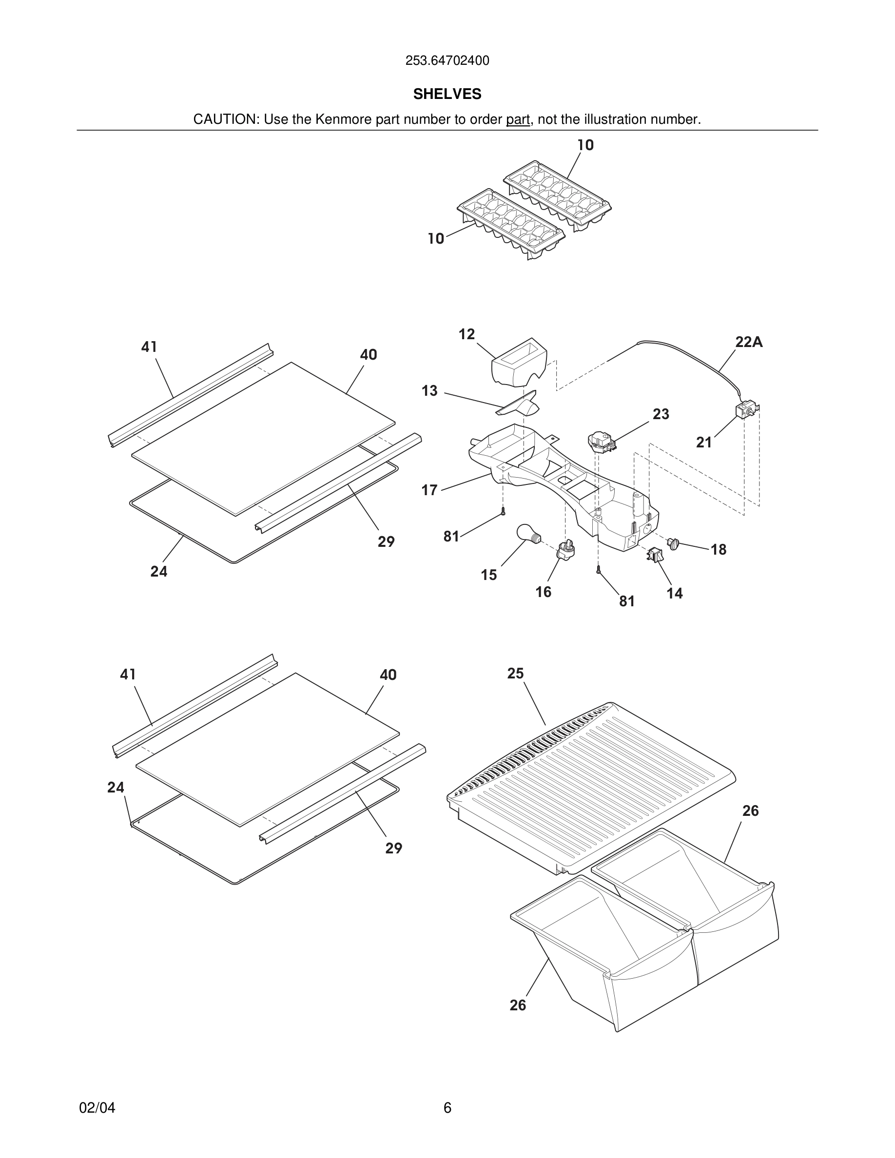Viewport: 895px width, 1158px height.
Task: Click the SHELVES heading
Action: point(447,94)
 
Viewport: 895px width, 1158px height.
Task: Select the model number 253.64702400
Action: point(447,60)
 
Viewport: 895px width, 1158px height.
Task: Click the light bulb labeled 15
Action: point(527,533)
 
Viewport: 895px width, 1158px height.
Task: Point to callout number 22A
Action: point(749,342)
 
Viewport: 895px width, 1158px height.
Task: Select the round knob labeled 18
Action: point(673,543)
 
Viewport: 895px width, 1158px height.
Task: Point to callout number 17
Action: point(429,490)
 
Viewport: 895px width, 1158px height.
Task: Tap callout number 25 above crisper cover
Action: point(515,674)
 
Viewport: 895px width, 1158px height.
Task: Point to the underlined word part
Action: point(518,119)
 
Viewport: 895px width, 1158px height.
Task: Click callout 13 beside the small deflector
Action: point(429,391)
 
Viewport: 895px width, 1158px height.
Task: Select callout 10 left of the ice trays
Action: point(436,239)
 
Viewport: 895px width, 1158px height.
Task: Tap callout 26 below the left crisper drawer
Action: point(518,1005)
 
